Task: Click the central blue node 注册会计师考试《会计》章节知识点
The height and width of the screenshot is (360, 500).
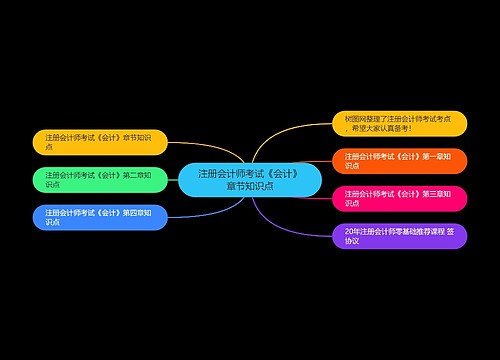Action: tap(250, 180)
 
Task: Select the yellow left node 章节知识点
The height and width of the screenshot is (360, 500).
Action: tap(100, 142)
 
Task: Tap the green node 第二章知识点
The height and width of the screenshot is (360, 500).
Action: tap(100, 180)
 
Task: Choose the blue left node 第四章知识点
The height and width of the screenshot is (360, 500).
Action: tap(100, 217)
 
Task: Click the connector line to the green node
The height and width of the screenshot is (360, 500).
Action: tap(173, 180)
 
